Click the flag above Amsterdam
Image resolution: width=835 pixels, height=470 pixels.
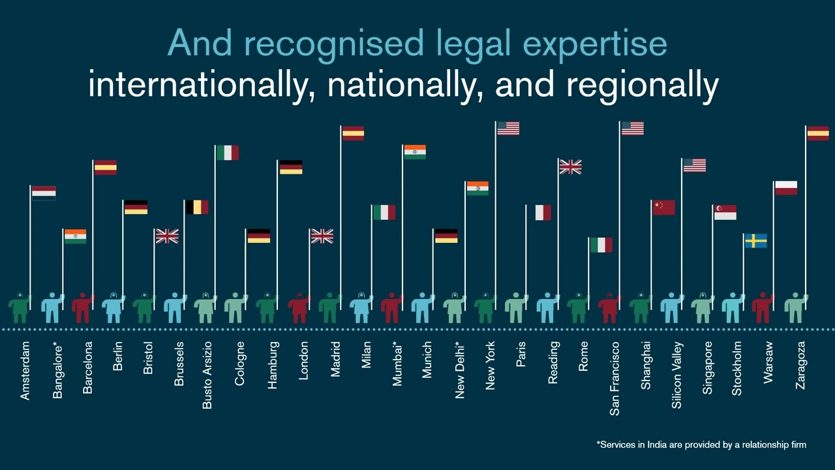[44, 193]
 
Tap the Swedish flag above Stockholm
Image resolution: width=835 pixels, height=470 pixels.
[755, 241]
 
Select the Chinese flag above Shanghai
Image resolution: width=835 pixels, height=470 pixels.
[663, 208]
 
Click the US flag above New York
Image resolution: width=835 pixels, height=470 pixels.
[508, 129]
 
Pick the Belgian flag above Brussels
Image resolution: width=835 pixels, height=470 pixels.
[197, 207]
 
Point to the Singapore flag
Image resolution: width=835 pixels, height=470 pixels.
[725, 212]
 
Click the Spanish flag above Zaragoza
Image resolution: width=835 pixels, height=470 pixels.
[817, 133]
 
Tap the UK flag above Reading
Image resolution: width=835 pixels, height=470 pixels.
[570, 167]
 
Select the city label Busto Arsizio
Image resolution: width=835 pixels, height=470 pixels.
[207, 375]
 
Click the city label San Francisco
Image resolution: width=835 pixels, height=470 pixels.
[615, 379]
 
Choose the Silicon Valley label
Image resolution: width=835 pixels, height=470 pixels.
[677, 375]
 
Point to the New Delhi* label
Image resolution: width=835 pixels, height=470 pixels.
[460, 370]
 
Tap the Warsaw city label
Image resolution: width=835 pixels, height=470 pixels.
[768, 362]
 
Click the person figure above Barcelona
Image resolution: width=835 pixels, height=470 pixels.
[83, 307]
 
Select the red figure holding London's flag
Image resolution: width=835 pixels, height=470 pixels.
[299, 307]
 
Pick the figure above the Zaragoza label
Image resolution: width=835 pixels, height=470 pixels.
[795, 307]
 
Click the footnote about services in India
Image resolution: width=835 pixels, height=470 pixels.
[701, 445]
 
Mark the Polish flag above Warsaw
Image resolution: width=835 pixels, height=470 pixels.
[785, 188]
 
